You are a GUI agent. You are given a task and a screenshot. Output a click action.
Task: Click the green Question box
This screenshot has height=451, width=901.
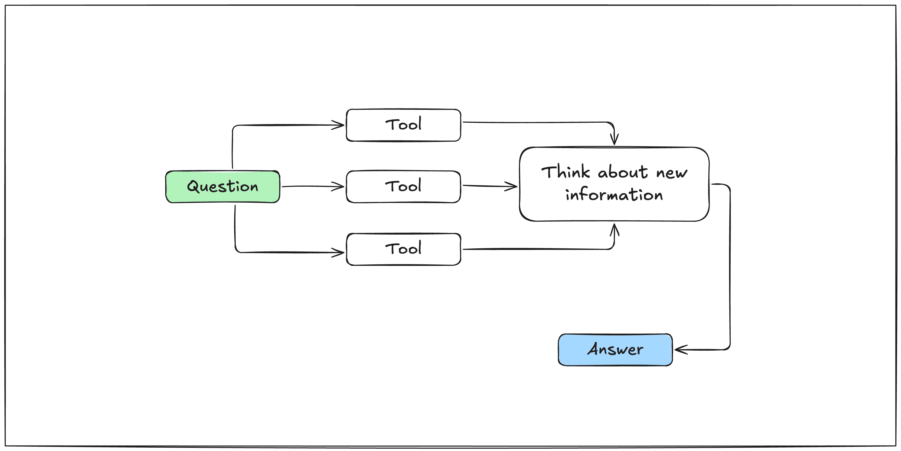tap(222, 186)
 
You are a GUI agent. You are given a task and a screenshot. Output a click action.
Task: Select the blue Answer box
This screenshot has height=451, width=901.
tap(615, 350)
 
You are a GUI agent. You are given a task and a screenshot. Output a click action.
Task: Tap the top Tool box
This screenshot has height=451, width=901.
tap(403, 125)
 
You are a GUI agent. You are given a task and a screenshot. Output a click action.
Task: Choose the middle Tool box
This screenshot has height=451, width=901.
tap(403, 186)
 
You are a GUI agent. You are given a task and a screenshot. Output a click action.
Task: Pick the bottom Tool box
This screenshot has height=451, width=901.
tap(403, 249)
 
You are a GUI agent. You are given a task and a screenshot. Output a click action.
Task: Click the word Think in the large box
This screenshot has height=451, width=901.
tap(565, 172)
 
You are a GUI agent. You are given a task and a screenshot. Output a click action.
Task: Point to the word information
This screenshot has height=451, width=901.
tap(614, 194)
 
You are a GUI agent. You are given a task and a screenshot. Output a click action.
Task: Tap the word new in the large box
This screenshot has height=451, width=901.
tap(672, 173)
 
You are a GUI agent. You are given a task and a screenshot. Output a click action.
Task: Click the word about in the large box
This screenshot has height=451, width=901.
tap(623, 172)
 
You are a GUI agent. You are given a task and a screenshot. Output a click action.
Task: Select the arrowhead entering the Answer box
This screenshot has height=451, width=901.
tap(681, 350)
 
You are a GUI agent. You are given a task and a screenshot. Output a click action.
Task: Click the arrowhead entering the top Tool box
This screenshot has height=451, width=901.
tap(338, 125)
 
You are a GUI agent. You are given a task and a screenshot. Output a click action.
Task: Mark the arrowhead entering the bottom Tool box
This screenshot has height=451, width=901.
tap(338, 252)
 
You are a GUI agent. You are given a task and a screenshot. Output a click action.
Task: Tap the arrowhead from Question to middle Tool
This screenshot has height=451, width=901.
tap(338, 186)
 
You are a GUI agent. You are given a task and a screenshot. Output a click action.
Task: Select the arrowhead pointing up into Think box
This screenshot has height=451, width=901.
tap(615, 230)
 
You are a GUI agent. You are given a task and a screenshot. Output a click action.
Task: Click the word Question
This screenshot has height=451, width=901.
tap(222, 186)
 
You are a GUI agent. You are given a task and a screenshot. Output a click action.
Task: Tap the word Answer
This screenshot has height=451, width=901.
tap(615, 349)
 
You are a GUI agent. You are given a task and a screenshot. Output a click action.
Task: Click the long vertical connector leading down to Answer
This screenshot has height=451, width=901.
tap(730, 267)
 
